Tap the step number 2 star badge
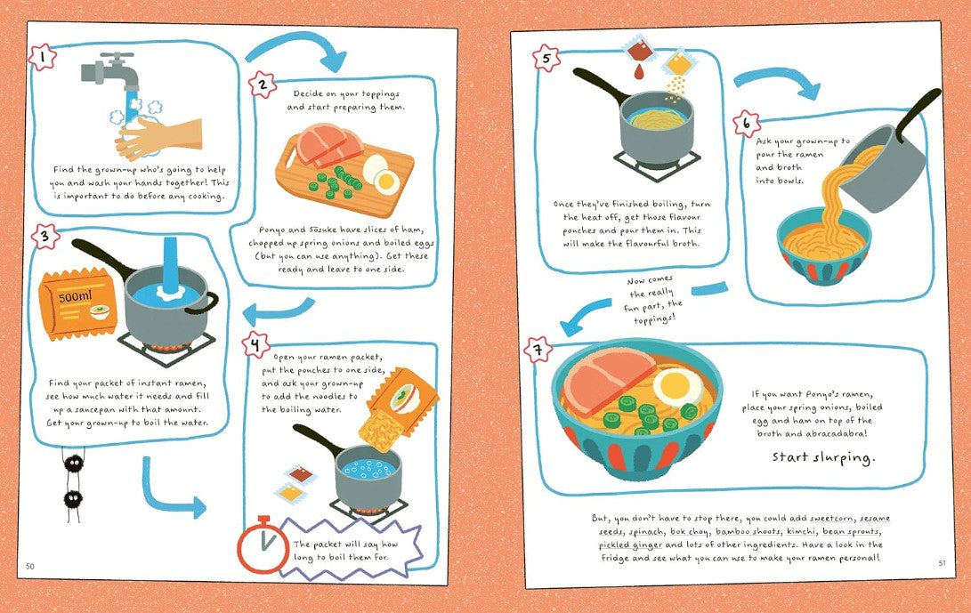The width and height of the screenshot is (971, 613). coord(263,85)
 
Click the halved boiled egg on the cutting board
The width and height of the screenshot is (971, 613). coord(380,173)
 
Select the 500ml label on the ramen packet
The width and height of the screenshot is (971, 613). coord(76,297)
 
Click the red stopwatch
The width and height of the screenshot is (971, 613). coord(263,545)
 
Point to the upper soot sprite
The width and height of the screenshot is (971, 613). coord(74,464)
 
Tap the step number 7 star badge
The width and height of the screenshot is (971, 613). coord(538,351)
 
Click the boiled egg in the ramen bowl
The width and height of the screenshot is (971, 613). coord(679,387)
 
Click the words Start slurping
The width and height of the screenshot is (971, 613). coord(823,457)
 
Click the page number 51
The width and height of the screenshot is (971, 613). coord(942,563)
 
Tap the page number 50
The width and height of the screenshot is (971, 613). coord(30,566)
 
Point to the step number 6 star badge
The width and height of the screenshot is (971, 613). coord(746,123)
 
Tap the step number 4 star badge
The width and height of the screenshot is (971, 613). coord(255,345)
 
